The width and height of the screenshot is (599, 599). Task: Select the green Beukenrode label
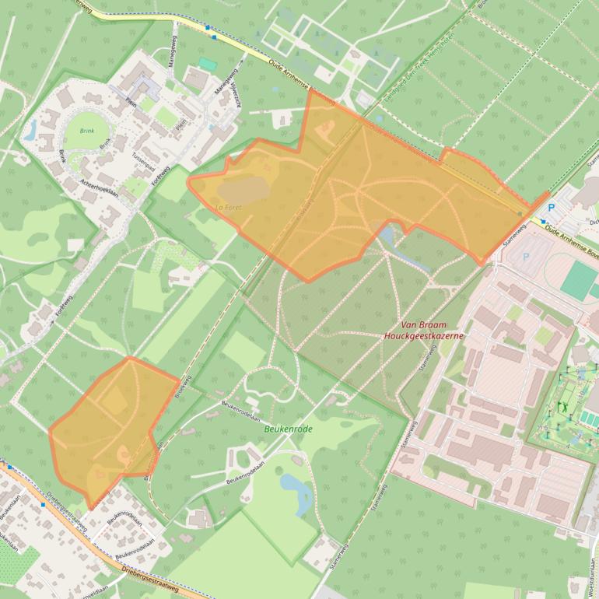[x=288, y=429]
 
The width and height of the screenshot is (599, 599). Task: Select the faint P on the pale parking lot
[x=526, y=256]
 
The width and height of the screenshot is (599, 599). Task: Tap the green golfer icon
[x=561, y=407]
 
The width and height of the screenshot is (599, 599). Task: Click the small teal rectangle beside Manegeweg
[x=206, y=63]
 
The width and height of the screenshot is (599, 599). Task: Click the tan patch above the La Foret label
[x=240, y=189]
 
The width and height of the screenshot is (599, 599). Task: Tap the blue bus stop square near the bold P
[x=543, y=221]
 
